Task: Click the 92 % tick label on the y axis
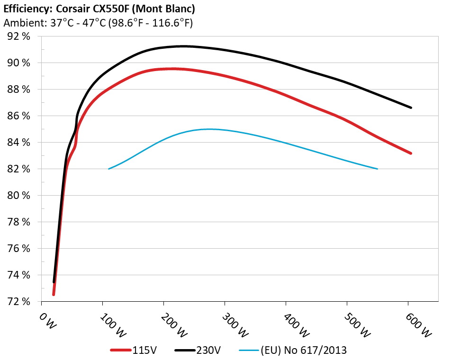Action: coord(19,36)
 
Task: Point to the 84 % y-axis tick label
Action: coord(19,142)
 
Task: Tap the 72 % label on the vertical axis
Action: coord(19,301)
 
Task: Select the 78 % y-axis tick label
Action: coord(19,222)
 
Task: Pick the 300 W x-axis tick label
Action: coord(232,324)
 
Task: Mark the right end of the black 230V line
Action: coord(411,108)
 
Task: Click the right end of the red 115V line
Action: coord(411,153)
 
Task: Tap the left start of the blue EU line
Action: coord(109,169)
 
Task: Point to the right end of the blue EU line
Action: coord(377,169)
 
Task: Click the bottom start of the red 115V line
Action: coord(54,295)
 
